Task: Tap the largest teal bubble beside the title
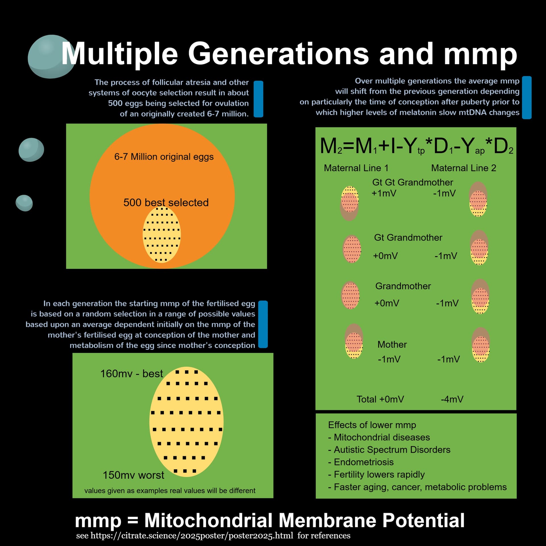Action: [51, 57]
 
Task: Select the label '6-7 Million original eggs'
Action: [164, 157]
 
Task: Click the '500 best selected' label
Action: [166, 202]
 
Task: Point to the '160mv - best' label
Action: [131, 373]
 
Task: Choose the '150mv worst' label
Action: [133, 475]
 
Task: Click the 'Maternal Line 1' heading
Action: [356, 168]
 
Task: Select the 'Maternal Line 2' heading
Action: [464, 168]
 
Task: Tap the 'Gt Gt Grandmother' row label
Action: [412, 182]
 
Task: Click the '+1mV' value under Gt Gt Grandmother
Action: [384, 193]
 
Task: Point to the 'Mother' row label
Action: [392, 344]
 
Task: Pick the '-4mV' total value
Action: [452, 399]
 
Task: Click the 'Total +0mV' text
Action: [380, 399]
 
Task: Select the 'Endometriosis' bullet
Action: [363, 462]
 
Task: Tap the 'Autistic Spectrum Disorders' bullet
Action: [392, 450]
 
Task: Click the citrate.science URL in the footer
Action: [192, 536]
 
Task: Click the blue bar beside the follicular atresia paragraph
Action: [258, 99]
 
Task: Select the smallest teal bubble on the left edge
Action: [24, 203]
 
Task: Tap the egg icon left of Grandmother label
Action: [350, 295]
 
